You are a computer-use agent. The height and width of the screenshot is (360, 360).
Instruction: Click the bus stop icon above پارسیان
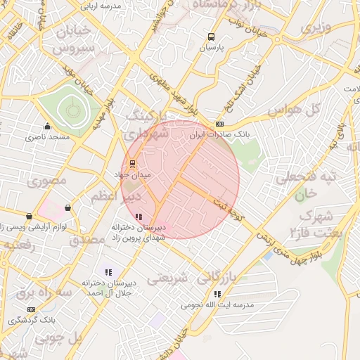click(x=211, y=37)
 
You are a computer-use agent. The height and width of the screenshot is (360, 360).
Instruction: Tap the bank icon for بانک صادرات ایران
click(x=220, y=124)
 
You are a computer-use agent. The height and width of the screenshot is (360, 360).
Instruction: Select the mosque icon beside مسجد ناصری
click(x=47, y=127)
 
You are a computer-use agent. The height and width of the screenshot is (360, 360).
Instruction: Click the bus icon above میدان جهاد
click(x=133, y=163)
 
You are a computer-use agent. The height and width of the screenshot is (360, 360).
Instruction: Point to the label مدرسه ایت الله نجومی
click(x=217, y=305)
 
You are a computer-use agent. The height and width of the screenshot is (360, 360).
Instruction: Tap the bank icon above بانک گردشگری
click(x=31, y=309)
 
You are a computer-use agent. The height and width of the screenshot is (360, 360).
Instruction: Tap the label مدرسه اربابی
click(x=101, y=6)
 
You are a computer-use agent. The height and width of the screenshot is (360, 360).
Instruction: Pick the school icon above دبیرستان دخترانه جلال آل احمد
click(x=108, y=272)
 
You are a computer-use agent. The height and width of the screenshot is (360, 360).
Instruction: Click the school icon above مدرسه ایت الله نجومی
click(x=217, y=294)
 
